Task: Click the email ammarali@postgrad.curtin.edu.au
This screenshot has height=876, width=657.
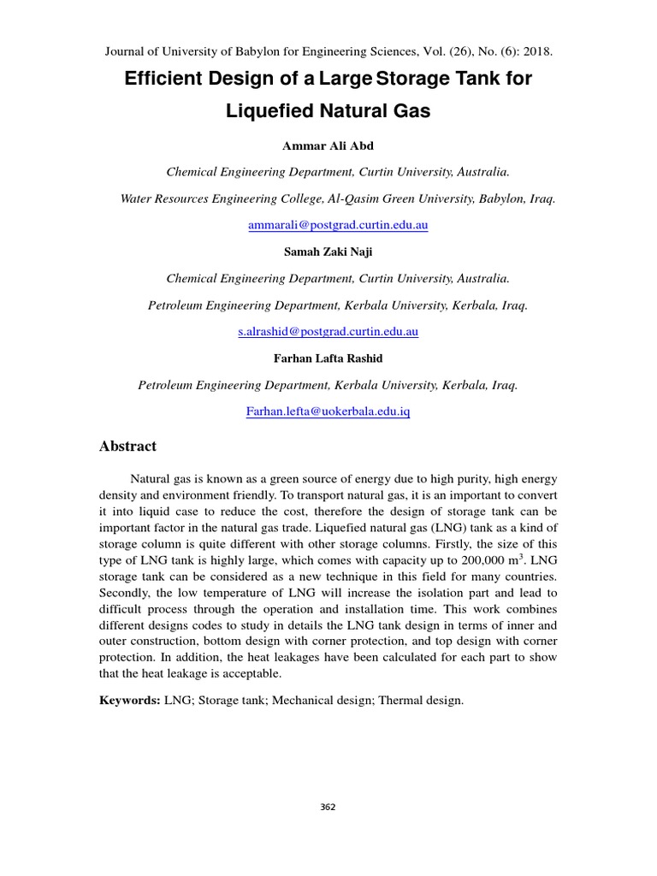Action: tap(337, 225)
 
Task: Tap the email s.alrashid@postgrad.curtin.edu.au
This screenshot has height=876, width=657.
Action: tap(328, 331)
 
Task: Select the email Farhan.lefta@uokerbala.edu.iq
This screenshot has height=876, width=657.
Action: tap(328, 411)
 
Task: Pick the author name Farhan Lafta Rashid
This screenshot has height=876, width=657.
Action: tap(328, 358)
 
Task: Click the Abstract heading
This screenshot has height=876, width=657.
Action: tap(128, 447)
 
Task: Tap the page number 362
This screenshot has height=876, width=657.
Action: tap(328, 807)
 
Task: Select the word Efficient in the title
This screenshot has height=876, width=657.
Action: tap(163, 80)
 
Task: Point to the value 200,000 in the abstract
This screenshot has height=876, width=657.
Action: tap(476, 559)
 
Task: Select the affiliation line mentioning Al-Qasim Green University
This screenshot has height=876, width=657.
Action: tap(338, 198)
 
